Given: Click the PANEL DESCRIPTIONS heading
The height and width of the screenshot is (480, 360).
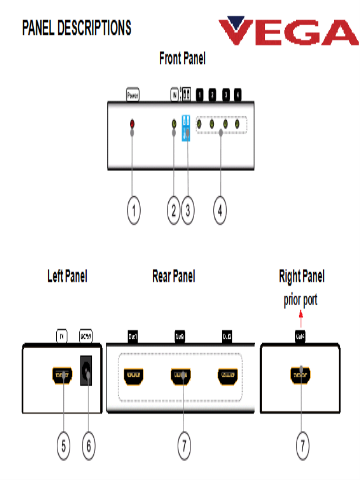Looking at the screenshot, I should (x=77, y=28).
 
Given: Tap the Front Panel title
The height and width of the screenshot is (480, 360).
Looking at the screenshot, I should (x=182, y=59).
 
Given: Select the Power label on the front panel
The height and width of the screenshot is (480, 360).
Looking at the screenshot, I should (x=133, y=96).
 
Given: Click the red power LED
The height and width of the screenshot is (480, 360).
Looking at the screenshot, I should (x=132, y=124).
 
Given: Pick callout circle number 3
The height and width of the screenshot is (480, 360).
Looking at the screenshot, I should (x=187, y=211).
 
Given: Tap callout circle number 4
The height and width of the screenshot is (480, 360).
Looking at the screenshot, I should (x=220, y=211).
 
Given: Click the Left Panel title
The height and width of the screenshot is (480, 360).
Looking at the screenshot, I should (x=67, y=276).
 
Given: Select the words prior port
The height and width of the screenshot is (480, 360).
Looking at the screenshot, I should (x=300, y=300).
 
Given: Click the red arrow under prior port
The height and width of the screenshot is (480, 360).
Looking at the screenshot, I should (x=301, y=321).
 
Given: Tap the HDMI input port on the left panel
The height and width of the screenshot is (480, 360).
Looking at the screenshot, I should (x=62, y=375).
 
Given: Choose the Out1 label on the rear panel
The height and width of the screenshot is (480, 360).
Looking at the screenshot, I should (x=133, y=336).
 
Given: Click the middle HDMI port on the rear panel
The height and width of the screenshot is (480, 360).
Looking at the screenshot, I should (x=180, y=375).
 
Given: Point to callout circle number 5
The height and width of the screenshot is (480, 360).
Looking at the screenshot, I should (x=64, y=445).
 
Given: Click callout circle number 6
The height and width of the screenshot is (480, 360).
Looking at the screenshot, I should (x=88, y=445).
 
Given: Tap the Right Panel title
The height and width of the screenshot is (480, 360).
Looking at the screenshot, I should (x=301, y=276).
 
